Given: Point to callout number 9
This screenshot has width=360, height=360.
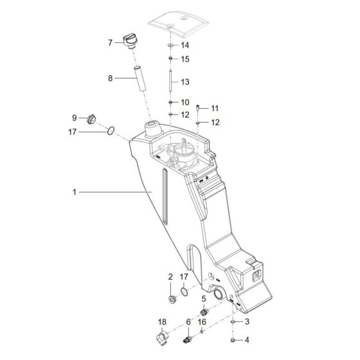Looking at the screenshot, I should click(x=74, y=118).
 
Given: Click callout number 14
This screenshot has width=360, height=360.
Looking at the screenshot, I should click(x=185, y=46).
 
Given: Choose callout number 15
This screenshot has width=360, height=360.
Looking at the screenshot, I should click(x=185, y=59).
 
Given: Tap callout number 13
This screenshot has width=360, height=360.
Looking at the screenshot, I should click(x=185, y=82).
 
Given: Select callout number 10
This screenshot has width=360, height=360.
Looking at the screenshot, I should click(x=185, y=102).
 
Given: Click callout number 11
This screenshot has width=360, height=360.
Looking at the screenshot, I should click(x=215, y=108).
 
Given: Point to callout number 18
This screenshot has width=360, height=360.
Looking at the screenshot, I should click(x=161, y=321).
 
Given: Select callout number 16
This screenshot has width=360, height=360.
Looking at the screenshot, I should click(x=202, y=321).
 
